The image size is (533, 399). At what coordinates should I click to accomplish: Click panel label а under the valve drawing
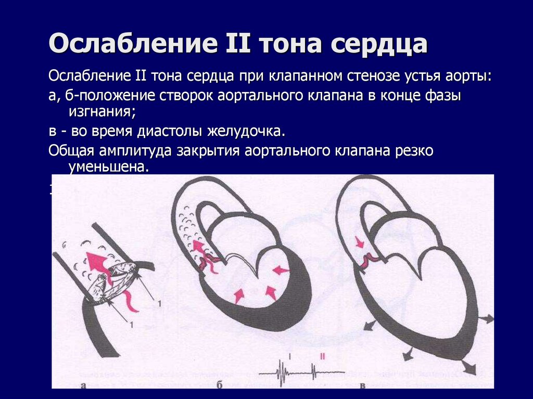84,385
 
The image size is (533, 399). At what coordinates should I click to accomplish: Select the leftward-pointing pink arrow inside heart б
281,269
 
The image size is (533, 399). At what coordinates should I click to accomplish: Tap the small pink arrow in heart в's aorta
359,242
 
